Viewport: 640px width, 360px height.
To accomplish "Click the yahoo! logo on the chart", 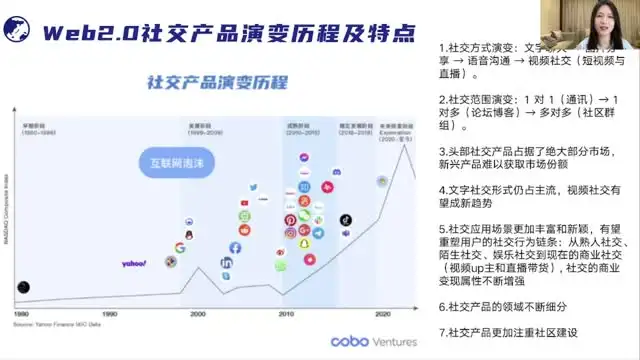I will pos(134,264).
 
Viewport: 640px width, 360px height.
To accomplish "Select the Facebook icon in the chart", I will pos(235,247).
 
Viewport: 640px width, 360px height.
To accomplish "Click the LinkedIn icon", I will pos(227,263).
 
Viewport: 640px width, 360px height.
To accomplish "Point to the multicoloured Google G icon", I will pos(180,248).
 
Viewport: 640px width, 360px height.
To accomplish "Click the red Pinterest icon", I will pos(291,219).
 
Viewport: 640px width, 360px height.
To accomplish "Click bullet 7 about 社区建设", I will pos(509,332).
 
